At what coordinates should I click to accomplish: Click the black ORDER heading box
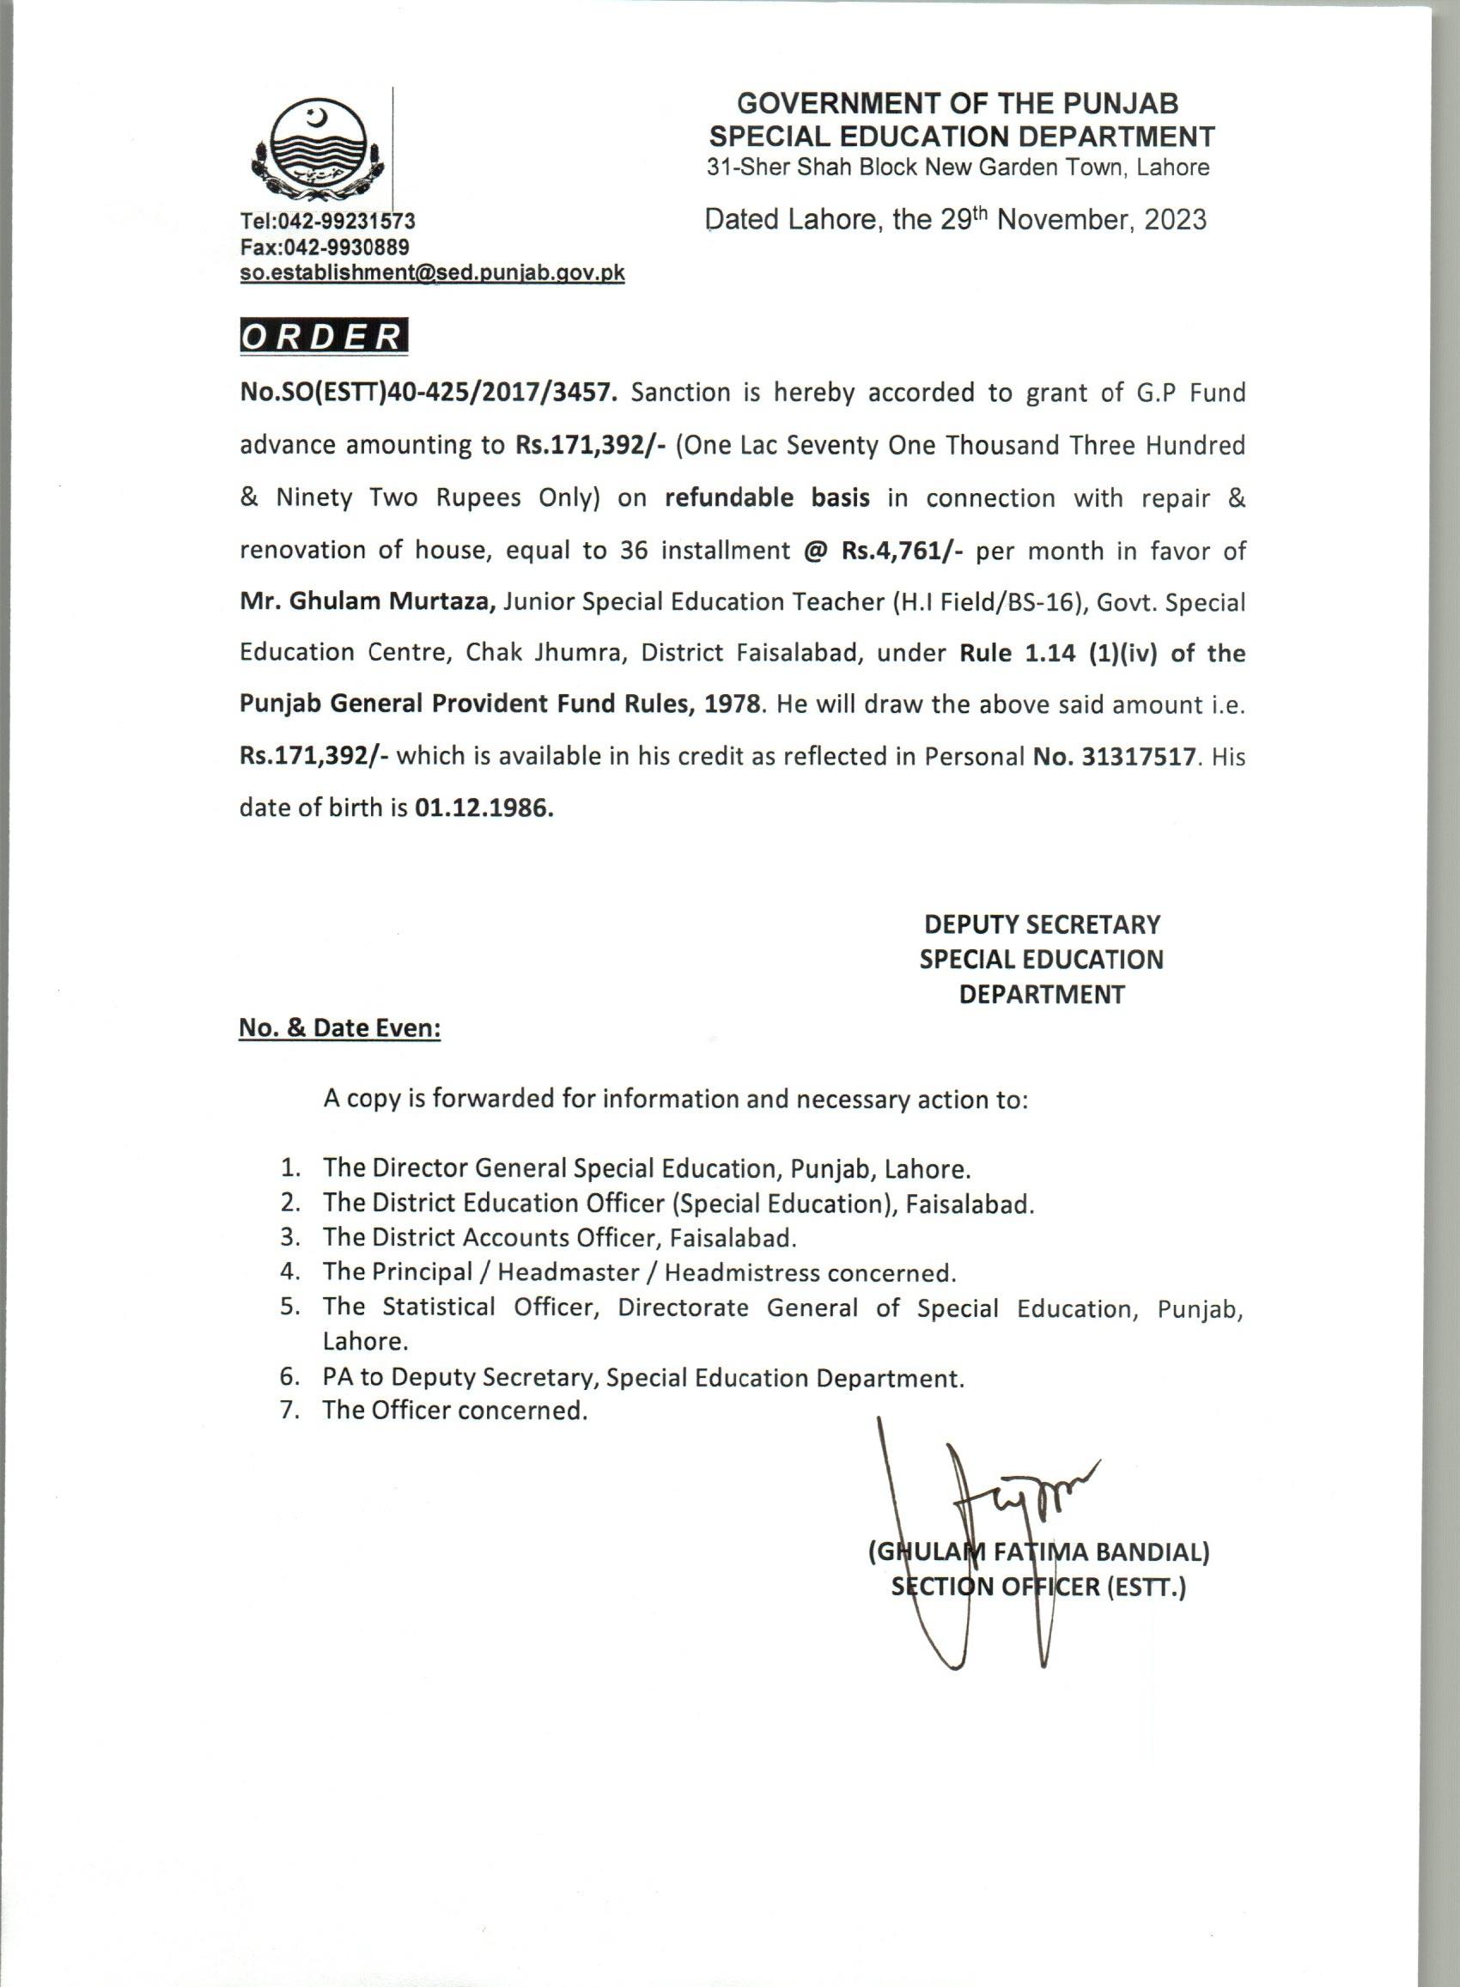click(324, 338)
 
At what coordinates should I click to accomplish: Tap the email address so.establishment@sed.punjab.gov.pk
click(432, 273)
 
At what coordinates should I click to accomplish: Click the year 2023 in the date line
click(1175, 219)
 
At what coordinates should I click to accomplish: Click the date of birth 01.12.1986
click(484, 808)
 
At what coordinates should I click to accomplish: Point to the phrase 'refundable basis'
click(767, 498)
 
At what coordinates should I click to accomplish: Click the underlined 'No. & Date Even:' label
click(340, 1029)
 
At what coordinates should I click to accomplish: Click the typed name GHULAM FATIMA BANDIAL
click(1039, 1552)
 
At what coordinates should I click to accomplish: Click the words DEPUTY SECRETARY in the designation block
click(1042, 924)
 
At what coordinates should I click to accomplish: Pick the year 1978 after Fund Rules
click(732, 705)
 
